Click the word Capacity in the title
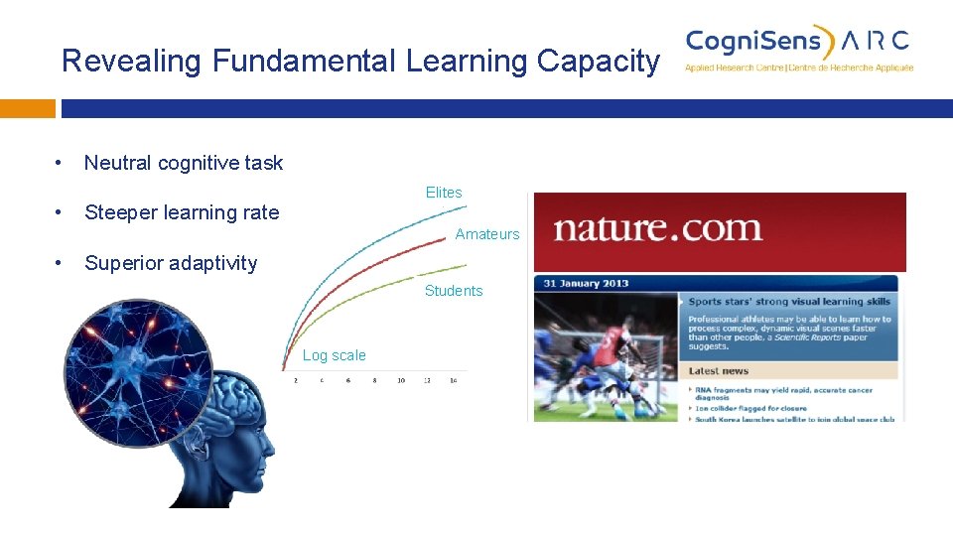click(x=598, y=62)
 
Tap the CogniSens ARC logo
click(x=798, y=48)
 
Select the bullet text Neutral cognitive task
click(x=184, y=163)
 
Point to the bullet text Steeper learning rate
click(x=182, y=212)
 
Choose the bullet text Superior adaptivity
click(x=171, y=263)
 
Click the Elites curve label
click(x=444, y=193)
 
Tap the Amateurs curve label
click(x=486, y=234)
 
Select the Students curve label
click(x=454, y=291)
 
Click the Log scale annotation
click(x=334, y=355)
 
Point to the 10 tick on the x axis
click(x=401, y=380)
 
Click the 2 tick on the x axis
click(x=296, y=380)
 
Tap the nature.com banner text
click(x=657, y=229)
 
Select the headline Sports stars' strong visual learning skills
click(x=789, y=302)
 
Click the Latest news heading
click(x=719, y=371)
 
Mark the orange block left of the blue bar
click(x=27, y=108)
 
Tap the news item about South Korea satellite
click(x=793, y=419)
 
